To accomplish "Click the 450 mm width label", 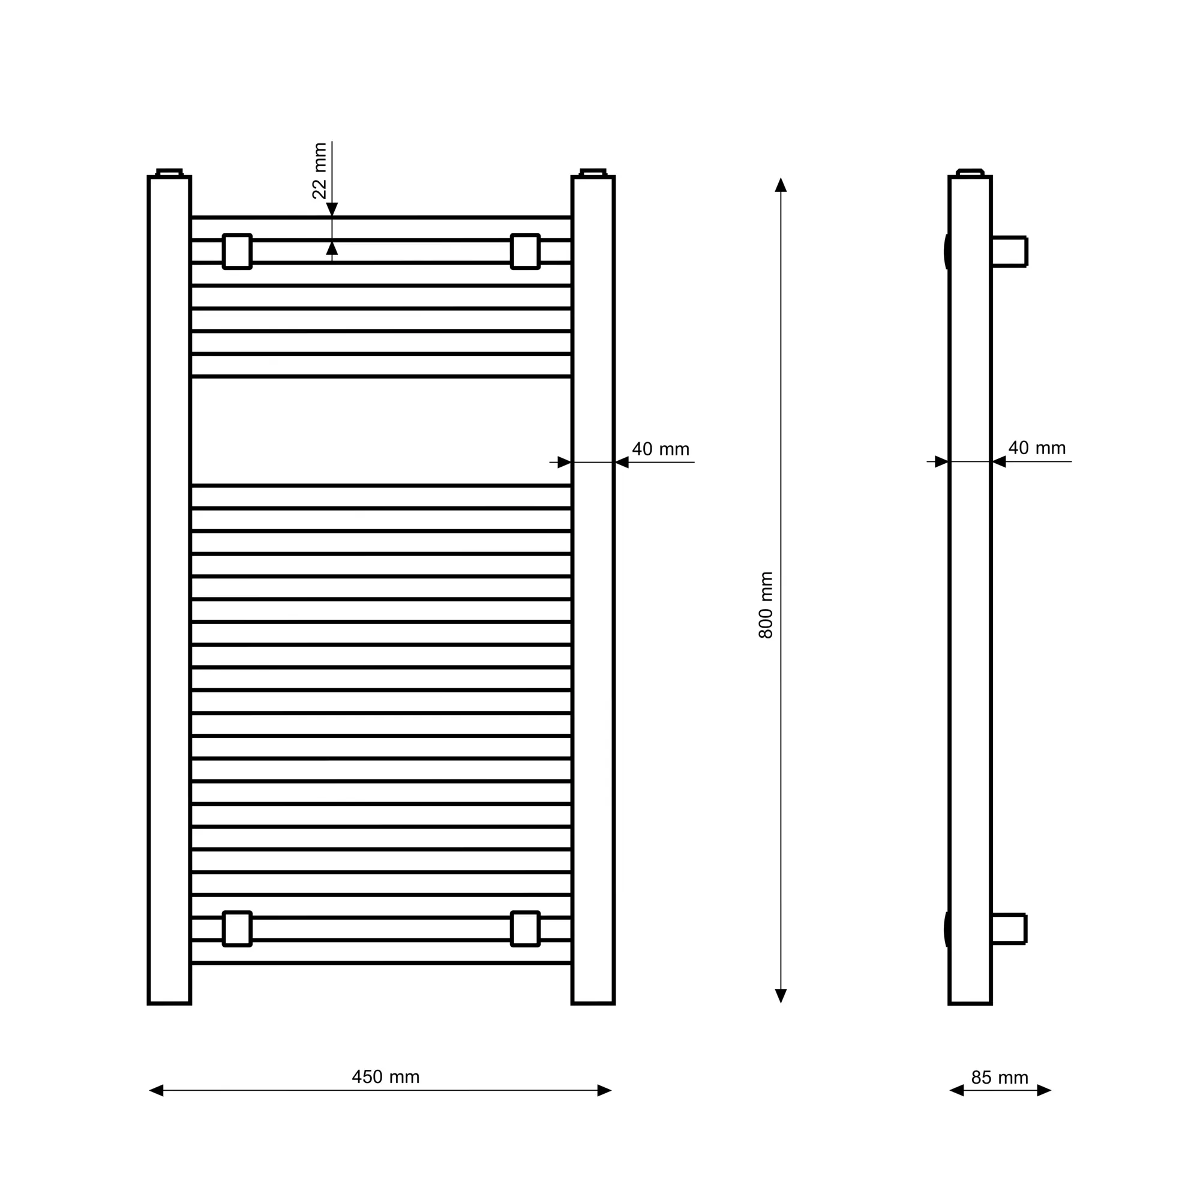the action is (386, 1076).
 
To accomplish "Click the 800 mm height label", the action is (766, 605).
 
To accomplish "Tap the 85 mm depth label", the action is (1000, 1077).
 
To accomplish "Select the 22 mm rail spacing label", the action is (319, 171).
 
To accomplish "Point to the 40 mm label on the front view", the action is (660, 449).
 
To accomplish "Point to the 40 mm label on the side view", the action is (1037, 448).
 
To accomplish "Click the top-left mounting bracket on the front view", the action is (237, 251).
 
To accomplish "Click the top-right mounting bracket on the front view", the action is (526, 251).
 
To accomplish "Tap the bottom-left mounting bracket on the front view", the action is (237, 929).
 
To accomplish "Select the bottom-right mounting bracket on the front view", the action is (526, 929).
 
